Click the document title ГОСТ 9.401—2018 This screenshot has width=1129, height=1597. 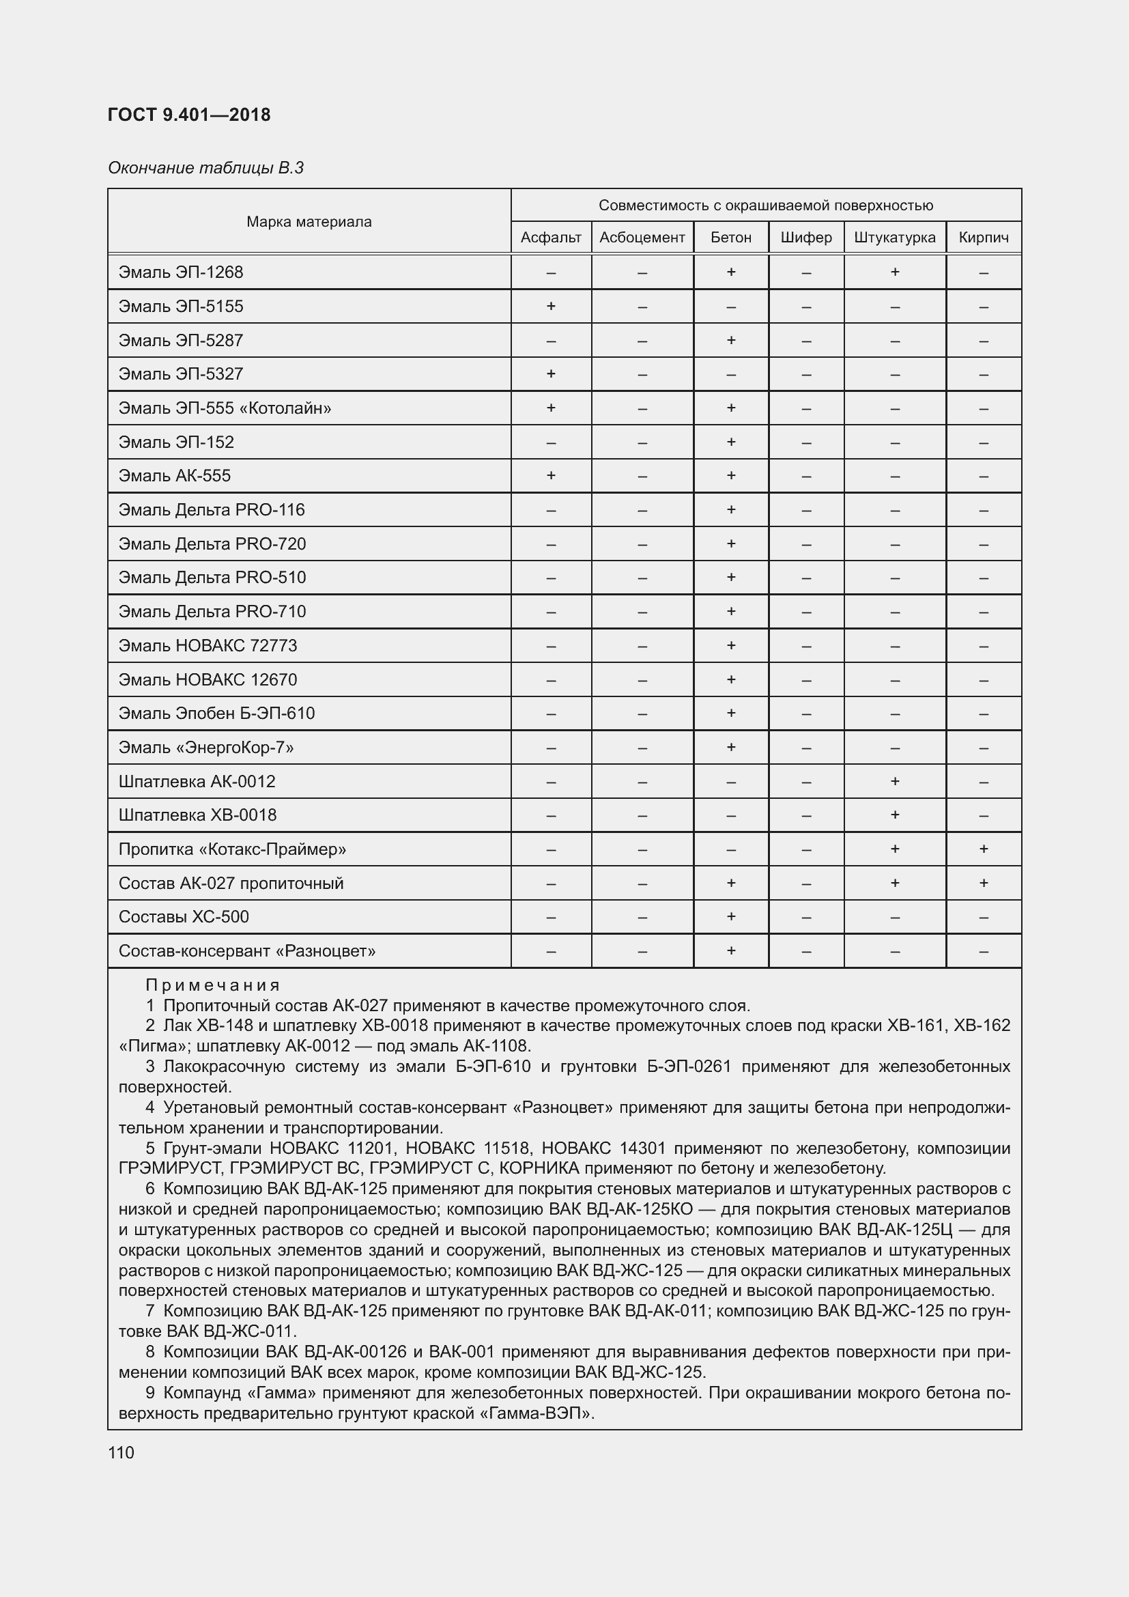(x=189, y=115)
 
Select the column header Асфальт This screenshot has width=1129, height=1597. (x=551, y=238)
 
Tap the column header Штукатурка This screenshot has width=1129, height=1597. (x=894, y=238)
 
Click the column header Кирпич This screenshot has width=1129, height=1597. (x=983, y=238)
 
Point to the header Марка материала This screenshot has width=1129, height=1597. (x=309, y=222)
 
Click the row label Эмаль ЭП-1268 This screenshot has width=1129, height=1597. (x=181, y=272)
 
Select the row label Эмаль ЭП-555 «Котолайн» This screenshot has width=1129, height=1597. (x=225, y=408)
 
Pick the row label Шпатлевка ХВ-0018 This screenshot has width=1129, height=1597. (x=197, y=815)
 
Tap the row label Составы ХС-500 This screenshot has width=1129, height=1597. (x=184, y=917)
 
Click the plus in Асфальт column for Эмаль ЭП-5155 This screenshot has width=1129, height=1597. (x=551, y=306)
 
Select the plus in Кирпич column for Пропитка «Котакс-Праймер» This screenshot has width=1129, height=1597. (x=983, y=849)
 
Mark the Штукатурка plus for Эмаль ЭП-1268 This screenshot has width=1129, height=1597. (x=895, y=272)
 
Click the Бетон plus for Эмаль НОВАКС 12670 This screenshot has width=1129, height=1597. (x=730, y=679)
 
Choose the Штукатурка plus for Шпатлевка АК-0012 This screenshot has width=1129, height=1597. (x=895, y=781)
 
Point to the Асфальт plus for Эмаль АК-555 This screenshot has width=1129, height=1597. (x=551, y=476)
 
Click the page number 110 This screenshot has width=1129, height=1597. (x=121, y=1452)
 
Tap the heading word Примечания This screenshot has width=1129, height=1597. (x=212, y=985)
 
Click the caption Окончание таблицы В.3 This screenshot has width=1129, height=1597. (x=205, y=168)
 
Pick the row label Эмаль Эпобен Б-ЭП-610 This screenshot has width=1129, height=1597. (x=216, y=713)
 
